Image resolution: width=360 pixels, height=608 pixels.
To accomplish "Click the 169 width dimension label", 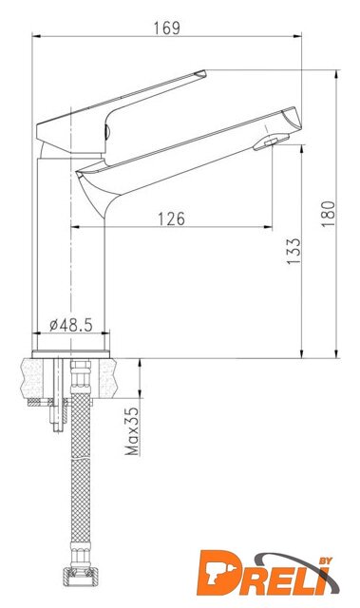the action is point(166,28).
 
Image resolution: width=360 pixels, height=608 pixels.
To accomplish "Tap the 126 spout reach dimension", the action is point(171,219).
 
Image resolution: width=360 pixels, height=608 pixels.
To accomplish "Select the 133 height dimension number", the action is point(294,251).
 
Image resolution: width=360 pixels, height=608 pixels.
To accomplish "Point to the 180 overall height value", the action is point(328,214).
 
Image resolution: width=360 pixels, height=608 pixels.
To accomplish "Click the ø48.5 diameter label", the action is point(71,325).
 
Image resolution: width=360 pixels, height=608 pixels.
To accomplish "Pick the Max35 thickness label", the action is point(132,430).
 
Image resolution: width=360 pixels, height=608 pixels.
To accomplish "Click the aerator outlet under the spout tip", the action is point(271,142).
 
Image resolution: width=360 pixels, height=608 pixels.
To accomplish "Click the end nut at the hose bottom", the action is point(80,576).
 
